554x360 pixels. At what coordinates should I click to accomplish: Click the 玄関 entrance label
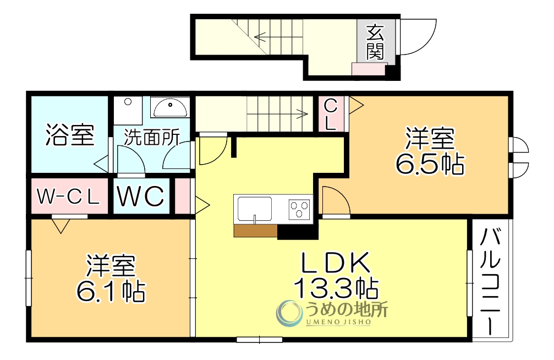(x=376, y=42)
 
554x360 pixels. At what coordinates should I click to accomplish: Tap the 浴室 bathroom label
(x=69, y=135)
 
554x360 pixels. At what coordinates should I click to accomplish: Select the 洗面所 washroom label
(x=151, y=138)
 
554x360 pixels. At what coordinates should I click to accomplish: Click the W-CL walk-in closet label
(x=68, y=197)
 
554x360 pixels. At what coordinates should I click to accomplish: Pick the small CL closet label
(x=331, y=114)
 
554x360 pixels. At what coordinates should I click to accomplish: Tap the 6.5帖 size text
(x=430, y=163)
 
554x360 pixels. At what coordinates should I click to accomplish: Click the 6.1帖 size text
(x=111, y=291)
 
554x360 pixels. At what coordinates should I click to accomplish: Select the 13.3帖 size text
(x=336, y=287)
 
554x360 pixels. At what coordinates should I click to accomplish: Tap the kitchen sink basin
(x=255, y=209)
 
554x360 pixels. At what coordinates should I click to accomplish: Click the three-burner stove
(x=300, y=210)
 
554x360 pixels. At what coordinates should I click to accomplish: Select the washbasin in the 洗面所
(x=170, y=107)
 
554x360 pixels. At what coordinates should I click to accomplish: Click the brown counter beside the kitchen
(x=255, y=231)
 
